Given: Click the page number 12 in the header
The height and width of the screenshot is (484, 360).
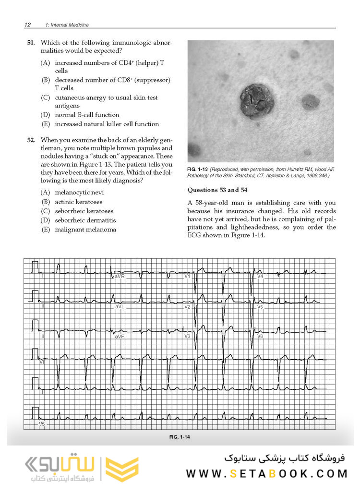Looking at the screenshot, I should tap(27, 24).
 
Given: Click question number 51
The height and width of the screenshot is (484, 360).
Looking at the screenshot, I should tap(31, 43).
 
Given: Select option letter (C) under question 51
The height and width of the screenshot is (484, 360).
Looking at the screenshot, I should tap(46, 97).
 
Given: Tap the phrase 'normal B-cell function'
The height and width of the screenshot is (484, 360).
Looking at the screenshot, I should tap(87, 115).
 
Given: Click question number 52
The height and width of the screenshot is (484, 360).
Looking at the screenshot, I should tap(31, 140).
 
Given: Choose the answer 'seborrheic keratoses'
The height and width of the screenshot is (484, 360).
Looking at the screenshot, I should tap(84, 211).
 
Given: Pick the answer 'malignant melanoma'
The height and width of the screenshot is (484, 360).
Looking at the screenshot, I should tap(85, 230).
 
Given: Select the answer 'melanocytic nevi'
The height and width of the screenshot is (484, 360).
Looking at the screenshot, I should tap(79, 193).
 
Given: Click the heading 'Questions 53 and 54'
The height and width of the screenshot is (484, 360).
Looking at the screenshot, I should tap(217, 190).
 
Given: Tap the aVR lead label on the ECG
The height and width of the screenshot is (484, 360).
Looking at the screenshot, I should tap(120, 277).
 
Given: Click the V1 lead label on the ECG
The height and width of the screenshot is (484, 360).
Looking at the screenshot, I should tap(188, 277).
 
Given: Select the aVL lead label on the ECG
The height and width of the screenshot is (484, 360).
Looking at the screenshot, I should tap(120, 306).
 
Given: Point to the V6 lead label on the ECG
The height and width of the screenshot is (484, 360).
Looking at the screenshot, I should tap(260, 336).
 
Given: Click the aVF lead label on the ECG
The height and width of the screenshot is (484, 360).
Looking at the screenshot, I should tap(120, 337).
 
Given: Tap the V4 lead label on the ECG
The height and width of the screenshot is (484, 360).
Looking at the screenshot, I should tap(260, 277).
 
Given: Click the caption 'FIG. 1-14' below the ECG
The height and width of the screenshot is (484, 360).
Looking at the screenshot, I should tap(180, 437).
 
